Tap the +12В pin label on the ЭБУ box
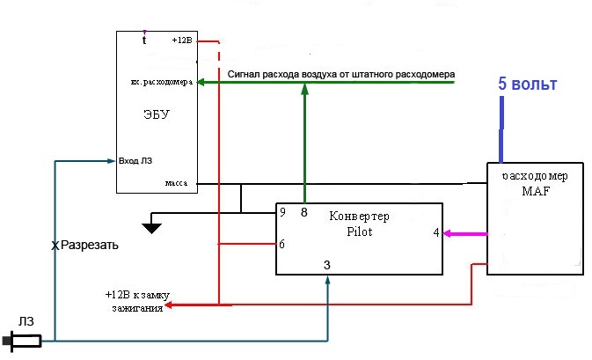[x=182, y=41]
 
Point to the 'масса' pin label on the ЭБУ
[x=177, y=183]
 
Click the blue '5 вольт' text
[x=528, y=84]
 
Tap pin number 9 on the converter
[x=282, y=212]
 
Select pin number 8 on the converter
[x=303, y=212]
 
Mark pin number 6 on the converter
[x=282, y=244]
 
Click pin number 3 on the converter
[x=326, y=264]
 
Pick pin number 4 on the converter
[x=435, y=233]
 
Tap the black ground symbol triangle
[x=152, y=228]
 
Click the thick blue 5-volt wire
[x=501, y=128]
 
